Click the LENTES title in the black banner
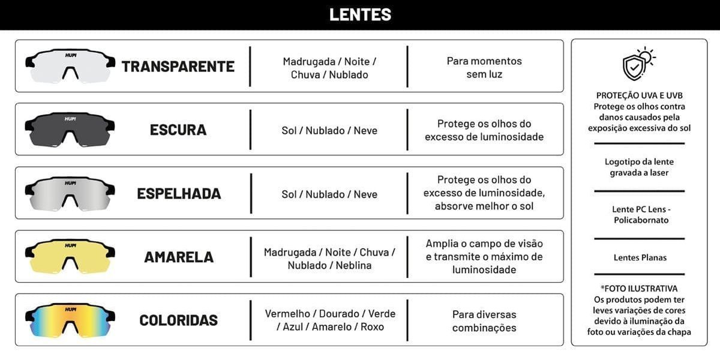(x=360, y=14)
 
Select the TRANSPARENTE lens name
(x=178, y=67)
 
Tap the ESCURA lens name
(x=178, y=130)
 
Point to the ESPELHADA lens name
(x=179, y=194)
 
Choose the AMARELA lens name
(x=179, y=257)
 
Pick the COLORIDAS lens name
(x=179, y=320)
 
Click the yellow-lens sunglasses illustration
(x=70, y=256)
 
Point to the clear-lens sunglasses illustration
(x=70, y=65)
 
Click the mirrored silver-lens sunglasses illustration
(x=70, y=193)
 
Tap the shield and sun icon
(x=638, y=64)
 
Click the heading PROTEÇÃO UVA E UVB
(x=640, y=95)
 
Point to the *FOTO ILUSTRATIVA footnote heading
(x=639, y=289)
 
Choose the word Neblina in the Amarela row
(x=353, y=265)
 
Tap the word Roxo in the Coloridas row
(x=372, y=327)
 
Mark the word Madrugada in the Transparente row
(x=309, y=62)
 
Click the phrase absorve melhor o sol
(x=484, y=206)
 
